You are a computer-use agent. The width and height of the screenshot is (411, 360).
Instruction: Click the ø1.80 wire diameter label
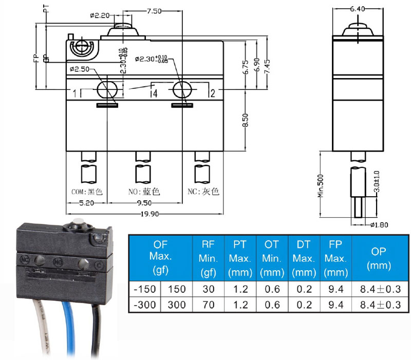coord(379,224)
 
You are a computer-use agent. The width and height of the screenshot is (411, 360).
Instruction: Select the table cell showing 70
coord(208,305)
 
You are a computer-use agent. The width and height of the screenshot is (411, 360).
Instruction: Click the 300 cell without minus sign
coord(177,305)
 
